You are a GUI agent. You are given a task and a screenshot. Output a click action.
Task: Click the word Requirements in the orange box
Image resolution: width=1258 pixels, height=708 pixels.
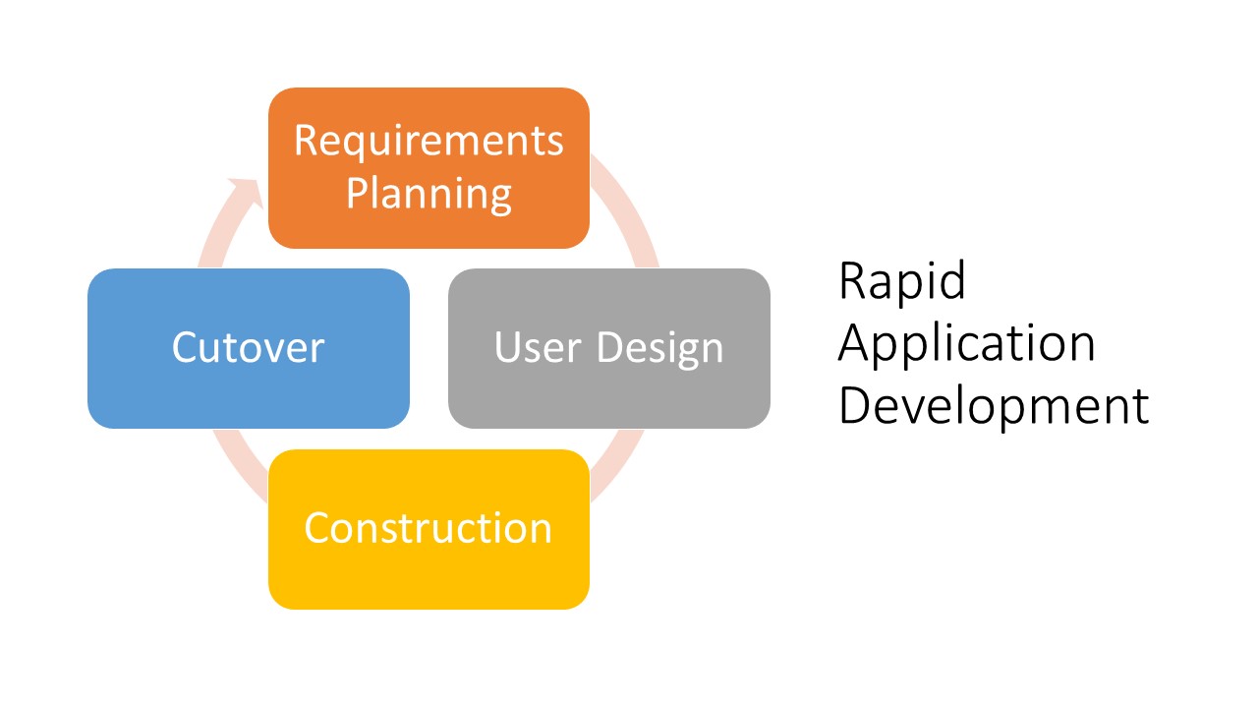pos(429,141)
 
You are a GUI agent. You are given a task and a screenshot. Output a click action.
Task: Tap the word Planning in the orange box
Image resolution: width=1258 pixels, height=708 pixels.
pos(429,194)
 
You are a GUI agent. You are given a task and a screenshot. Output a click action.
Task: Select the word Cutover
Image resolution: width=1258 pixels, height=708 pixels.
pos(248,348)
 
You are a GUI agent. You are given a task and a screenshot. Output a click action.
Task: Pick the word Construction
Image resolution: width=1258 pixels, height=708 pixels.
pos(429,528)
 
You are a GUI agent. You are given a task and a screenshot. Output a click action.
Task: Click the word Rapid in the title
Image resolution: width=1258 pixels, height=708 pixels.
pos(902,282)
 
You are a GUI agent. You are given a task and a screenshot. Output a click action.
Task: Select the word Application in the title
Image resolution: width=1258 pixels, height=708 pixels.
pos(966,344)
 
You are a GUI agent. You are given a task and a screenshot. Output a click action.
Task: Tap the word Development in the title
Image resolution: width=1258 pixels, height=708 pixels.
pos(993,405)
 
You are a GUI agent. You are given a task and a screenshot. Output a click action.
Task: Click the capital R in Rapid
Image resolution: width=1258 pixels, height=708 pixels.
pos(852,282)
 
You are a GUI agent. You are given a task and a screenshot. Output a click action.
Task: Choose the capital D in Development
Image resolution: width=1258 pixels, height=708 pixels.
pos(853,405)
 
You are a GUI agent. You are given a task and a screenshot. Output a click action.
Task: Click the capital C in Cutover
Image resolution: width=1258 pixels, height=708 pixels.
pos(186,348)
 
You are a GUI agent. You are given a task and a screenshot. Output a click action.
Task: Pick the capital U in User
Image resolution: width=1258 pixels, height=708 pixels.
pos(508,348)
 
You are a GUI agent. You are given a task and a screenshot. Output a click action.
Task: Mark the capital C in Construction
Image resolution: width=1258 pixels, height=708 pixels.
pos(317,528)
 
